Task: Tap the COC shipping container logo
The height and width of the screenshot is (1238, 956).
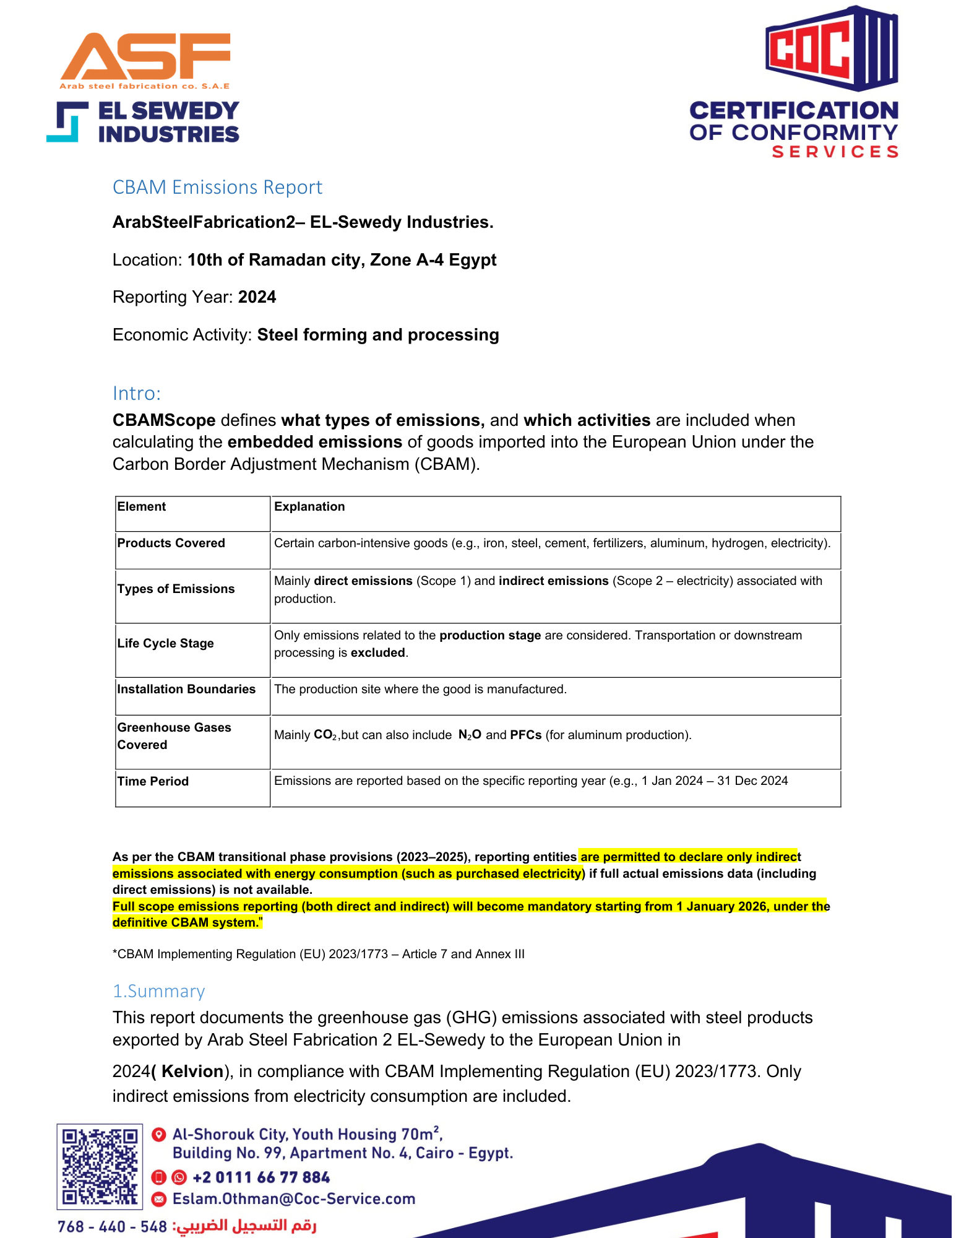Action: pyautogui.click(x=831, y=48)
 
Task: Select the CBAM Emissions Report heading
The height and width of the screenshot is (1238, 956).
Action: pyautogui.click(x=217, y=187)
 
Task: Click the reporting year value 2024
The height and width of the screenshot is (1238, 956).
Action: pyautogui.click(x=257, y=297)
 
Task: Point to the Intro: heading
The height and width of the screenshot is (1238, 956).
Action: pyautogui.click(x=137, y=393)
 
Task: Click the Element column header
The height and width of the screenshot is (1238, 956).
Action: pyautogui.click(x=142, y=506)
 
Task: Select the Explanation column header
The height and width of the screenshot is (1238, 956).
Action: pyautogui.click(x=309, y=506)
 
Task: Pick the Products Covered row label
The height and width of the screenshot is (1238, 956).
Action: pyautogui.click(x=171, y=543)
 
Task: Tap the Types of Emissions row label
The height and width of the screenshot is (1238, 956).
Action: pyautogui.click(x=176, y=589)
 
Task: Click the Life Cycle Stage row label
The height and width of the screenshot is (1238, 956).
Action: pyautogui.click(x=165, y=643)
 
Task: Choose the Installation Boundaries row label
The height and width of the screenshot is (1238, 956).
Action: pyautogui.click(x=186, y=689)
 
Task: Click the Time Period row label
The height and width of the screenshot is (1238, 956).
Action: pyautogui.click(x=153, y=781)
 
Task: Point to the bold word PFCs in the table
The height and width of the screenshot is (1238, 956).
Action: pyautogui.click(x=526, y=735)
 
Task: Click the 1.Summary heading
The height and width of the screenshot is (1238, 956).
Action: pyautogui.click(x=158, y=991)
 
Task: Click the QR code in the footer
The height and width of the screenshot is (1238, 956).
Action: pyautogui.click(x=100, y=1167)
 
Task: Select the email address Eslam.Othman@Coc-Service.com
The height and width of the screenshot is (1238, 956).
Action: pyautogui.click(x=294, y=1199)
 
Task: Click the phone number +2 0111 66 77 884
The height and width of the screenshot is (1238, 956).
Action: pyautogui.click(x=261, y=1177)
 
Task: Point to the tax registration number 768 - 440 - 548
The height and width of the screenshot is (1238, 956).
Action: pyautogui.click(x=112, y=1226)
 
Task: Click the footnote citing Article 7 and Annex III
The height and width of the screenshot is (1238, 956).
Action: pyautogui.click(x=319, y=954)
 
